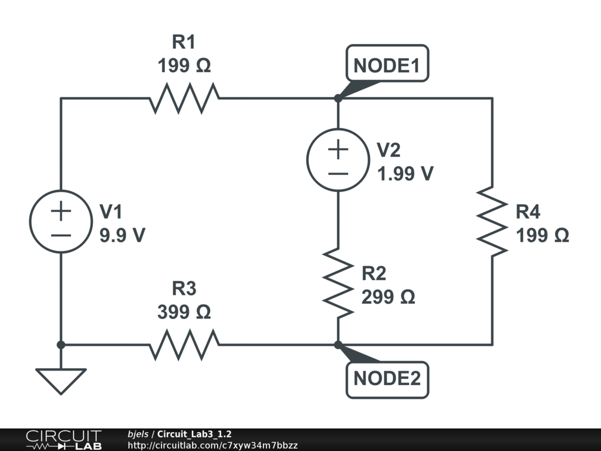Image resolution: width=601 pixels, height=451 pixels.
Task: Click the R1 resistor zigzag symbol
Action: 184,98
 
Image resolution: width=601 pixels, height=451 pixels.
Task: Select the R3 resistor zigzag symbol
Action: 184,345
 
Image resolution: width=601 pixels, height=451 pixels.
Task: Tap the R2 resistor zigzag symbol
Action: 337,283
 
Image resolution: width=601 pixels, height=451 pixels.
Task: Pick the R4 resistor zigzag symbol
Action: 492,221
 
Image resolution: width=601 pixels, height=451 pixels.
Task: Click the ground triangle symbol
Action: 61,381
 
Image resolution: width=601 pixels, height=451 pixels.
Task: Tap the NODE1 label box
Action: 387,63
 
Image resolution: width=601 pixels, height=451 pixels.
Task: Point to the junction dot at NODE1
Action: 337,99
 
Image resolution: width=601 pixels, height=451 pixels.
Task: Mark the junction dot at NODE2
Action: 337,345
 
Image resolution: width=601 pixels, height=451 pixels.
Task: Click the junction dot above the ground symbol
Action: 61,345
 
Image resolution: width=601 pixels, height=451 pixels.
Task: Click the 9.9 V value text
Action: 123,235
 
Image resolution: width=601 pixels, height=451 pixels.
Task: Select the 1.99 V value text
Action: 405,173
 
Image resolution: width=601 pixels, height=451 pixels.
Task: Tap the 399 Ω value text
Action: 184,312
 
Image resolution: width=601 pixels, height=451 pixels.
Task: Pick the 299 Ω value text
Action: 388,297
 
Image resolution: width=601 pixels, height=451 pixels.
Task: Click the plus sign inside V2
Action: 338,149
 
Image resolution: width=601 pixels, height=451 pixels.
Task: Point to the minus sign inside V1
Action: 61,235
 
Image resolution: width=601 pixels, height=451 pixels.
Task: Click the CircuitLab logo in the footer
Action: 63,440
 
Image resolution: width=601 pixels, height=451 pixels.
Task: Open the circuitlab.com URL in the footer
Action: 212,445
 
